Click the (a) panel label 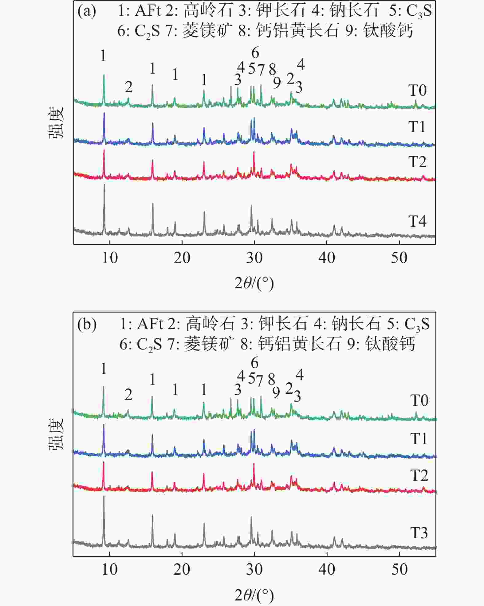pyautogui.click(x=87, y=11)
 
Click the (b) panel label pyautogui.click(x=87, y=324)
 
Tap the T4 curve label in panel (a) pyautogui.click(x=417, y=221)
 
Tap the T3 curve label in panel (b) pyautogui.click(x=419, y=533)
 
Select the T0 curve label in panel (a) pyautogui.click(x=417, y=90)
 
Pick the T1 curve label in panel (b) pyautogui.click(x=419, y=439)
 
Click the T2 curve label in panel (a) pyautogui.click(x=417, y=162)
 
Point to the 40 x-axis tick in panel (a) pyautogui.click(x=327, y=258)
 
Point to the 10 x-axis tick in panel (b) pyautogui.click(x=110, y=570)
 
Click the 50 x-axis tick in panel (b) pyautogui.click(x=399, y=570)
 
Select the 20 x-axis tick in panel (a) pyautogui.click(x=182, y=258)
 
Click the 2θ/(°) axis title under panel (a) pyautogui.click(x=254, y=283)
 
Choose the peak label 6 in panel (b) pyautogui.click(x=254, y=363)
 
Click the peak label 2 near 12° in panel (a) pyautogui.click(x=129, y=87)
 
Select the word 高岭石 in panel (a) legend pyautogui.click(x=208, y=11)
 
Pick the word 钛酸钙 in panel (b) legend pyautogui.click(x=390, y=344)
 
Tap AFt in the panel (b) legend pyautogui.click(x=149, y=324)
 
